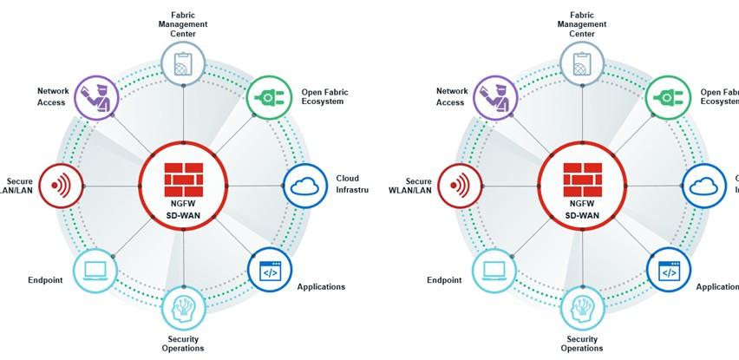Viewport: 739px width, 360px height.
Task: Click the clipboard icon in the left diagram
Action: point(183,63)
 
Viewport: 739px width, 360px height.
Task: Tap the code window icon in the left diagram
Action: point(270,271)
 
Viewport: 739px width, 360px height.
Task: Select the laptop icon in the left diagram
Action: point(96,271)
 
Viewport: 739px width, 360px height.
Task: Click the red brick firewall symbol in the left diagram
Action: point(183,178)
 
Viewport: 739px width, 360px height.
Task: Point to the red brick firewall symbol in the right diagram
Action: point(582,178)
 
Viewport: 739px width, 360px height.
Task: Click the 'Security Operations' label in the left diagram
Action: point(183,344)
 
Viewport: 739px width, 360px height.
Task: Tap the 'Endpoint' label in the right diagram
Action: point(443,280)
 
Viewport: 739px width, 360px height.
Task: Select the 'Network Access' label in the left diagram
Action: point(53,95)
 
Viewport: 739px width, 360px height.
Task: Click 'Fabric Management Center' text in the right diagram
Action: point(582,24)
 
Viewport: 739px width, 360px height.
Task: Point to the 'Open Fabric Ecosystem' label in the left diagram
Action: point(323,95)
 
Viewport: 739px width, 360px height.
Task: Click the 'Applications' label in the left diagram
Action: point(321,286)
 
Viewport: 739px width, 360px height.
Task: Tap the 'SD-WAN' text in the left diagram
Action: point(183,215)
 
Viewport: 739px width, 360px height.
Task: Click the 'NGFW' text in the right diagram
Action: point(582,202)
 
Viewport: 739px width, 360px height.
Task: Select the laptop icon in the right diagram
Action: point(495,271)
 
